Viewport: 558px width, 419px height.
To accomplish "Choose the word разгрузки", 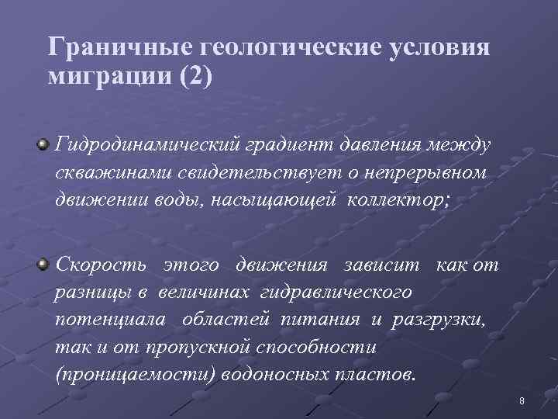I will (438, 320).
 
